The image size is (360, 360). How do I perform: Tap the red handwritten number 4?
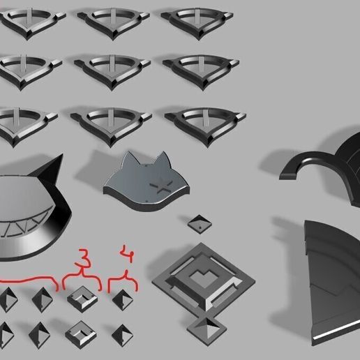click(127, 253)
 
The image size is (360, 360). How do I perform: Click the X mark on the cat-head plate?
click(161, 185)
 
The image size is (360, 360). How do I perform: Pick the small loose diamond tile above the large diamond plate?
click(200, 224)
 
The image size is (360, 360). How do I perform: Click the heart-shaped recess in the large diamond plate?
click(202, 276)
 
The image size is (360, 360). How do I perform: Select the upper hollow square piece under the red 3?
click(82, 299)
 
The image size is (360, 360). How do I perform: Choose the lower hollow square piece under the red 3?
click(81, 334)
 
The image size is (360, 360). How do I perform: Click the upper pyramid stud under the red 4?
click(123, 300)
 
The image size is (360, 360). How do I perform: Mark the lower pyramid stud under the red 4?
click(122, 335)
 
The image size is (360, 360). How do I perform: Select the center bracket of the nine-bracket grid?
click(112, 71)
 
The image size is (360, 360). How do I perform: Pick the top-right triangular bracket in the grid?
click(197, 23)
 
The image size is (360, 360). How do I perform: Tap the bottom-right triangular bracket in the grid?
click(205, 126)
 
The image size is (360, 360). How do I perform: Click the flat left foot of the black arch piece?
click(289, 175)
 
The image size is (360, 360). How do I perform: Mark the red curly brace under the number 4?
click(123, 281)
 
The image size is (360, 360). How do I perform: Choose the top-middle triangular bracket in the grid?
click(113, 23)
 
